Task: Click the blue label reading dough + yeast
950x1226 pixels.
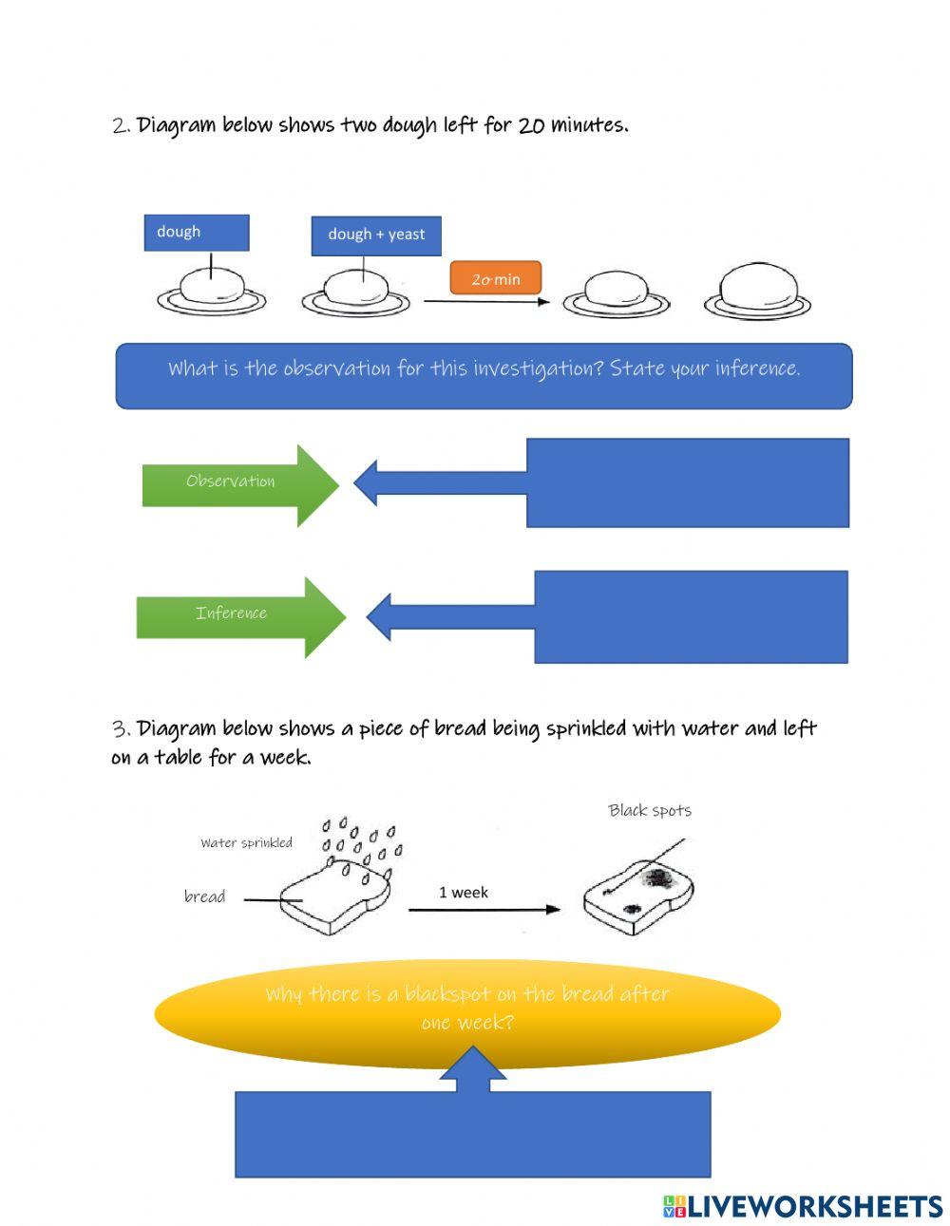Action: [376, 235]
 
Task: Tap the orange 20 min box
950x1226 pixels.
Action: [496, 278]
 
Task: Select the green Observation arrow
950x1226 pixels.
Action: [237, 482]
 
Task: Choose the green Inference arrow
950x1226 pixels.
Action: [237, 614]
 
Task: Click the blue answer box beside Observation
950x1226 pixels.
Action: [687, 482]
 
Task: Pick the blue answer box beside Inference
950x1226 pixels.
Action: [691, 616]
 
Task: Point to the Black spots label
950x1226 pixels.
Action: [650, 810]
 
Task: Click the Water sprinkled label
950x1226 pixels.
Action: [246, 842]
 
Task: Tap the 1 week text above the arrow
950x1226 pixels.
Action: [464, 893]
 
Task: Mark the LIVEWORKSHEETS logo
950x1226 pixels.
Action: [803, 1205]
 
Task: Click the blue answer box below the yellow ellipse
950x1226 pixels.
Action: [472, 1134]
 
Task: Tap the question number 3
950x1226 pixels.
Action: [121, 729]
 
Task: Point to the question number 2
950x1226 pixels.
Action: [121, 125]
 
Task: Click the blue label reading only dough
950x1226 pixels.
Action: [197, 233]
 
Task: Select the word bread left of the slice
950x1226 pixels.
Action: [204, 896]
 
